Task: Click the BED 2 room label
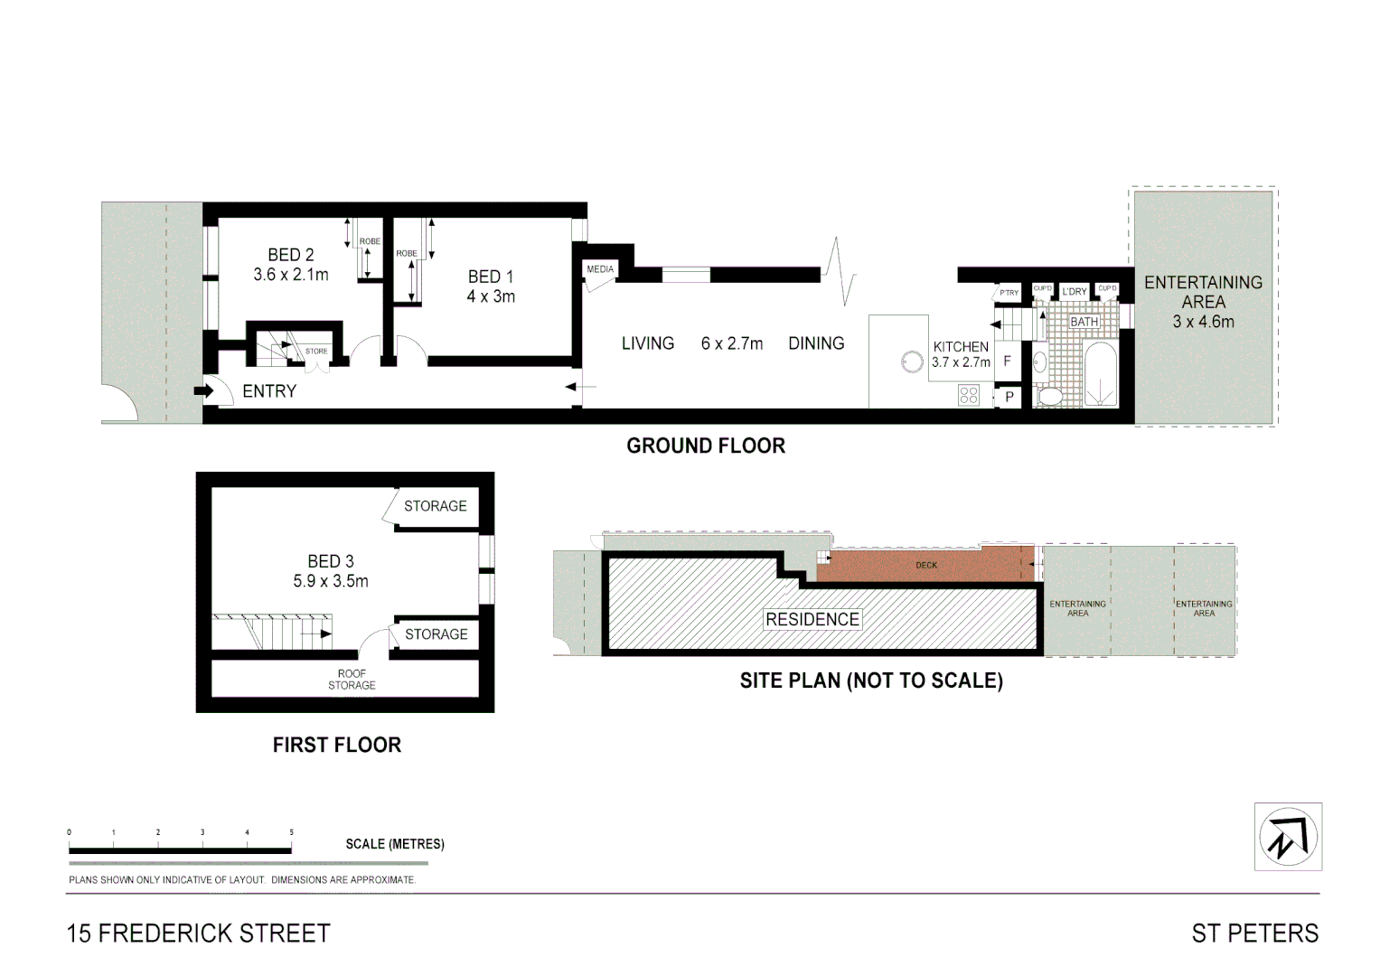[x=290, y=255]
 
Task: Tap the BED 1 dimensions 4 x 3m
[x=491, y=296]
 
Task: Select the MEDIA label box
[x=600, y=269]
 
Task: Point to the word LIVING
[x=647, y=343]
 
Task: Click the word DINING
[x=816, y=343]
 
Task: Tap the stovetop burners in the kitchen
[x=969, y=395]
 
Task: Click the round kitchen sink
[x=912, y=361]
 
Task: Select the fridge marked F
[x=1007, y=361]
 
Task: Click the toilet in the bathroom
[x=1050, y=396]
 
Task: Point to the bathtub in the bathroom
[x=1099, y=374]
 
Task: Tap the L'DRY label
[x=1075, y=291]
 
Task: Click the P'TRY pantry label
[x=1009, y=293]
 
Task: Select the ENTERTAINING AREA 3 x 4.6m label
[x=1203, y=302]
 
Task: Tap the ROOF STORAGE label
[x=352, y=680]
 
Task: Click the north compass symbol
[x=1288, y=837]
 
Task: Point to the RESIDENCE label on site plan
[x=812, y=619]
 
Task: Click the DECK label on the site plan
[x=926, y=566]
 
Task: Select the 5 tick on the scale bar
[x=291, y=832]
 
